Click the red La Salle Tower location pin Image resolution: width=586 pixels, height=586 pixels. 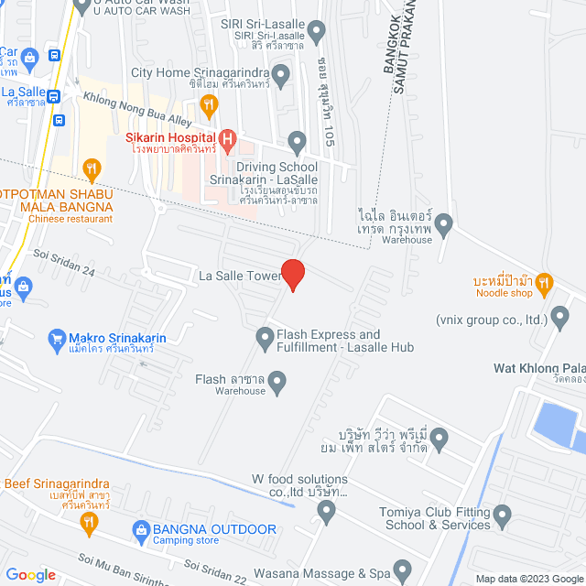[x=292, y=274]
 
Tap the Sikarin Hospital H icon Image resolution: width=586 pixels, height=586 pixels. [x=228, y=139]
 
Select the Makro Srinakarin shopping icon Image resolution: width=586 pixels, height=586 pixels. [x=57, y=338]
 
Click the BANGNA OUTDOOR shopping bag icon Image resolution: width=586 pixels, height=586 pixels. [x=141, y=529]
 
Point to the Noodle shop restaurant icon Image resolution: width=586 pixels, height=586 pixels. [x=544, y=282]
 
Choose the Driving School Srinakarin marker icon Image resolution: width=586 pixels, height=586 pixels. [x=297, y=142]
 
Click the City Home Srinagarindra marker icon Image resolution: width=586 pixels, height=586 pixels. [x=281, y=72]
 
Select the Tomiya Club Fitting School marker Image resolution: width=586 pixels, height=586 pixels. [x=502, y=519]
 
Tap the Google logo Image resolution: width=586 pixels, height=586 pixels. [x=30, y=575]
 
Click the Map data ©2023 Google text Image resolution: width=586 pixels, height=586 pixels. [x=530, y=579]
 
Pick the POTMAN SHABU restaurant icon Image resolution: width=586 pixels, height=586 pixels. [x=91, y=168]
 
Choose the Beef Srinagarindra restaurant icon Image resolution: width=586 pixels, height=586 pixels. [x=89, y=523]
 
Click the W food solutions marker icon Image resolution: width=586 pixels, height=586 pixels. [x=327, y=510]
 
